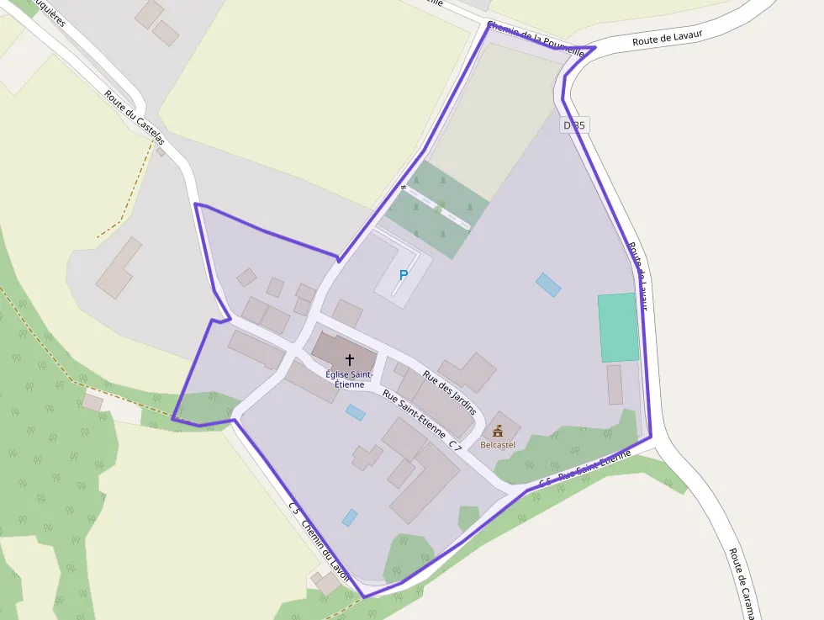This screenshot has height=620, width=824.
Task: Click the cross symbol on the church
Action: point(350,359)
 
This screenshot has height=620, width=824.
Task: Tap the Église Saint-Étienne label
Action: point(346,379)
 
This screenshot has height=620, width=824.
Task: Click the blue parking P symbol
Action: point(403,275)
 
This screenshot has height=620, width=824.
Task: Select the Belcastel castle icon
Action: point(498,431)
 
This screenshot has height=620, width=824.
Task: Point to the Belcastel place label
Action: point(498,444)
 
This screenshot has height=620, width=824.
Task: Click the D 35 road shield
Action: point(574,125)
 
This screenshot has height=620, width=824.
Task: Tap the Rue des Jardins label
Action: point(450,393)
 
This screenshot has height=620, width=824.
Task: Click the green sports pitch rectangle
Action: point(618,327)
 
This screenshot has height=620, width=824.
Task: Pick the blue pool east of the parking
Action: point(548,284)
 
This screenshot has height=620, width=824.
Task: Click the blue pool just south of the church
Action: point(356,412)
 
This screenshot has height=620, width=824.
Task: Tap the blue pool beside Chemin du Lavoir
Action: point(350,517)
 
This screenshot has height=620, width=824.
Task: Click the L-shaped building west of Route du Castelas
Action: point(119,268)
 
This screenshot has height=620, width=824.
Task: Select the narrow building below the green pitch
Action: point(615,384)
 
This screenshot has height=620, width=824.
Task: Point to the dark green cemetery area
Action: point(437,209)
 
